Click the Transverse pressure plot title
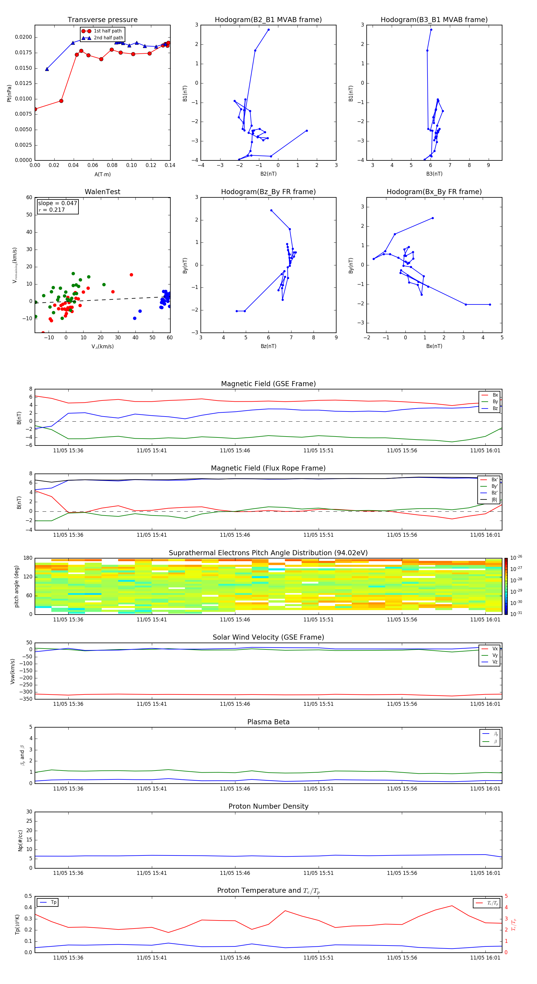click(102, 20)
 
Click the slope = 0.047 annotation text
click(57, 203)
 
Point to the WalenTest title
click(102, 192)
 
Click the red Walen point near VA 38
click(131, 275)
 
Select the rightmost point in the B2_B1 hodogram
click(306, 131)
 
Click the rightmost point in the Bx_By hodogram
click(490, 304)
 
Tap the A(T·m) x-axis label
click(102, 174)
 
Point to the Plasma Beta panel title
click(268, 722)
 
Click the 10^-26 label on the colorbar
click(516, 558)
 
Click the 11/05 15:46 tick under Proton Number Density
click(235, 873)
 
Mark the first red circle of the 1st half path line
click(35, 109)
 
